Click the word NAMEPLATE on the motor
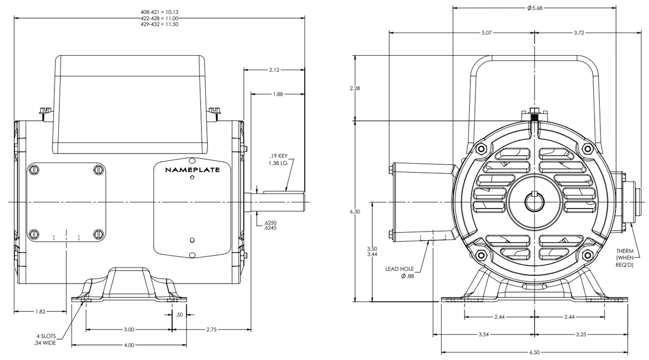pyautogui.click(x=192, y=170)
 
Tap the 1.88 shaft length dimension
pyautogui.click(x=277, y=94)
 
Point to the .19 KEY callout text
pyautogui.click(x=278, y=156)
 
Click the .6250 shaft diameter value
pyautogui.click(x=270, y=222)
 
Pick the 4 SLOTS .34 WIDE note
pyautogui.click(x=46, y=340)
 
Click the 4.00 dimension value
pyautogui.click(x=129, y=345)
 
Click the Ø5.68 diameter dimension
pyautogui.click(x=535, y=8)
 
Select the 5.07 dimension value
pyautogui.click(x=487, y=33)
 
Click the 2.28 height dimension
pyautogui.click(x=354, y=88)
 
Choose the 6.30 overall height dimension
pyautogui.click(x=354, y=212)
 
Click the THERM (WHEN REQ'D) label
pyautogui.click(x=625, y=258)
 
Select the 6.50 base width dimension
pyautogui.click(x=534, y=353)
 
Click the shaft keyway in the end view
pyautogui.click(x=535, y=195)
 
